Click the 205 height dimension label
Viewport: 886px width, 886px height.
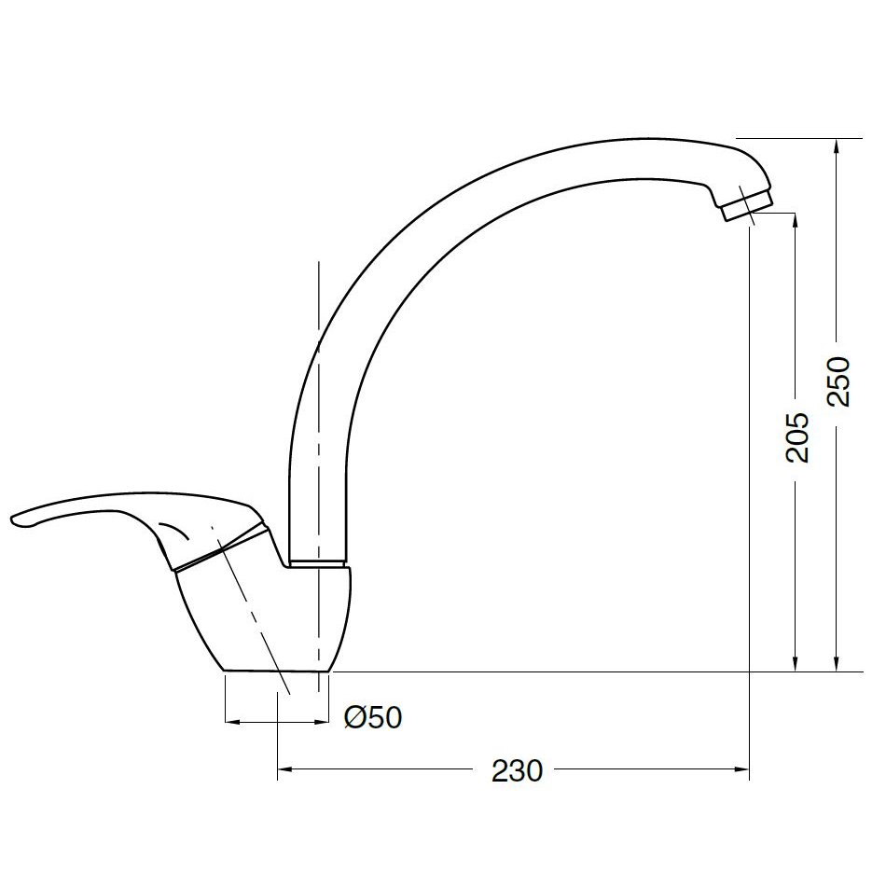[797, 437]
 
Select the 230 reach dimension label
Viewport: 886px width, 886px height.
[517, 770]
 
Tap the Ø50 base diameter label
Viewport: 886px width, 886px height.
[373, 717]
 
